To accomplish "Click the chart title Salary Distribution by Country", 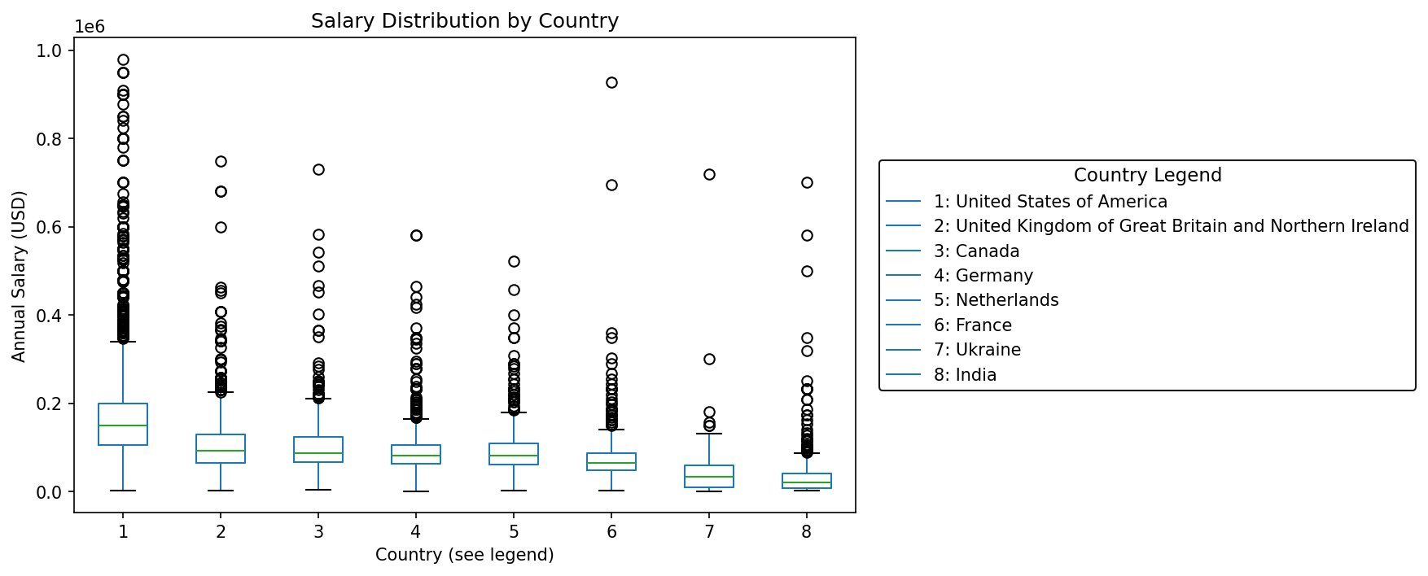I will (464, 21).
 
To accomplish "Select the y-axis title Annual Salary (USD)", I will (20, 277).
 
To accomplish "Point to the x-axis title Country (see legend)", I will (464, 555).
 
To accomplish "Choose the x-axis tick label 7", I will (709, 532).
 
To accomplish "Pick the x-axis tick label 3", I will (318, 532).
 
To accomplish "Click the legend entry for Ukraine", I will (977, 350).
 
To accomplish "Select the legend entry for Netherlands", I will (996, 300).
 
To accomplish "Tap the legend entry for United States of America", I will (1050, 202).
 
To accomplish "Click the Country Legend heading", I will (1147, 176).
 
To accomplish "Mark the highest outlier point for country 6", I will (611, 82).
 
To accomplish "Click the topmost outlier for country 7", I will (709, 174).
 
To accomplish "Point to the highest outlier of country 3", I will (318, 169).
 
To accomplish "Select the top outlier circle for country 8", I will (807, 182).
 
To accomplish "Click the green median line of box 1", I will (123, 425).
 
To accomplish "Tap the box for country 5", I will (514, 453).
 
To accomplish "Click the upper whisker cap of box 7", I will (709, 434).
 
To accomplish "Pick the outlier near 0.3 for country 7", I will (709, 359).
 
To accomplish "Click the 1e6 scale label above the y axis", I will (90, 27).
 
